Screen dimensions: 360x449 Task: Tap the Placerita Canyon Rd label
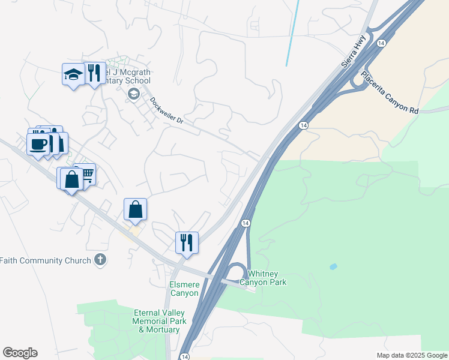point(388,93)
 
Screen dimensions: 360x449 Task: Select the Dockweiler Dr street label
point(166,112)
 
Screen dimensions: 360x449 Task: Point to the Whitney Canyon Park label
point(263,278)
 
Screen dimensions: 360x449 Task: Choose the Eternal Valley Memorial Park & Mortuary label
point(156,321)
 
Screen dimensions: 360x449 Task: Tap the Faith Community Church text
point(45,260)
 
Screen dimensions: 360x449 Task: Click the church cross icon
point(100,260)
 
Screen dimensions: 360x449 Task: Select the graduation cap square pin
point(73,74)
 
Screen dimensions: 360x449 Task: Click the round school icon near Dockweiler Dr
point(133,94)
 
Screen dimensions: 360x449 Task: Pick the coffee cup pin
point(38,144)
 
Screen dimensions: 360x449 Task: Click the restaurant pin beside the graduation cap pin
point(93,73)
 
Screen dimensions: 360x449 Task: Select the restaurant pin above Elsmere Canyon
point(186,242)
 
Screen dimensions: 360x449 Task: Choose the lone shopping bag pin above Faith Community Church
point(136,209)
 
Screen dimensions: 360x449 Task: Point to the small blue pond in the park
point(333,266)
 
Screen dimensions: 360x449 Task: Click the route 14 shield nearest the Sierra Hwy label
point(381,43)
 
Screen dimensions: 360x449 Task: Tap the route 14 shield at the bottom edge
point(184,356)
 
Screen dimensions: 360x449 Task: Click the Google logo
point(20,353)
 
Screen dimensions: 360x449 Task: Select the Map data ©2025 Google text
point(412,355)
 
